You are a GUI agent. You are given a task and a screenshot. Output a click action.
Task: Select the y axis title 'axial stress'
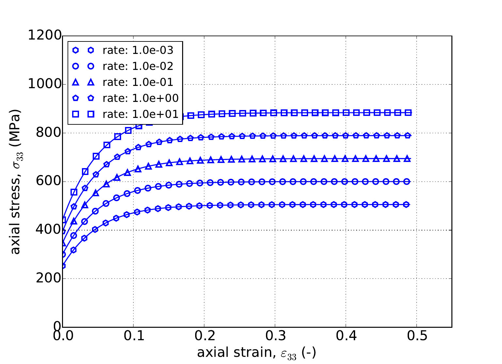[15, 182]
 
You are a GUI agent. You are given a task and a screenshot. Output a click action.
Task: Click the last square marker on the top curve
[408, 113]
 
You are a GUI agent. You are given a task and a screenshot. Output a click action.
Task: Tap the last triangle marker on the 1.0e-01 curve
[407, 159]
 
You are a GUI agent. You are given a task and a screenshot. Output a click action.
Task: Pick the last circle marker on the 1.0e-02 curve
[407, 182]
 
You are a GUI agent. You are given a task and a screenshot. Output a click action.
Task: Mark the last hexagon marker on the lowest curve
[406, 205]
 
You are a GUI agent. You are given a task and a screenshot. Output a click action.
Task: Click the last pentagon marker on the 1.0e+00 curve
[407, 135]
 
